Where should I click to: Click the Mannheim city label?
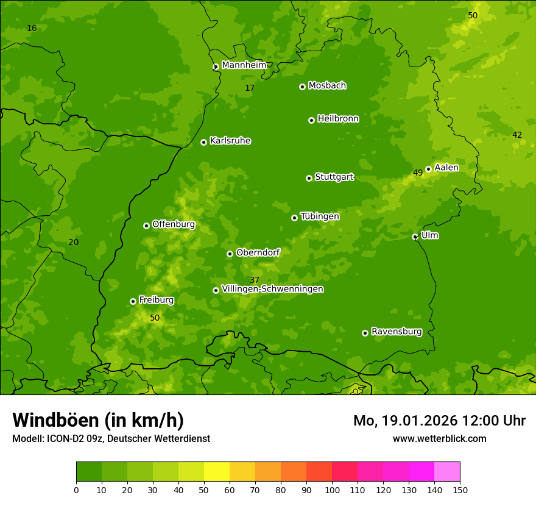point(244,65)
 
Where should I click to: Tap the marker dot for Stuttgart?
point(309,178)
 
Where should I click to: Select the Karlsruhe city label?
point(230,141)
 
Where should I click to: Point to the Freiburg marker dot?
point(133,301)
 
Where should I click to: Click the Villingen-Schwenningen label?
point(272,289)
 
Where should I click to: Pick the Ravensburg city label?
point(396,332)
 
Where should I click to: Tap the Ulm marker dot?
point(415,237)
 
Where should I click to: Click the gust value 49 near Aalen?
point(418,173)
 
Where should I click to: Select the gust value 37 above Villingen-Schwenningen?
point(255,280)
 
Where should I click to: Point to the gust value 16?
point(32,29)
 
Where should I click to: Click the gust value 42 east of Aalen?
point(517,135)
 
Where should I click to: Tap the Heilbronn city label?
point(338,119)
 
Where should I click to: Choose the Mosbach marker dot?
point(302,87)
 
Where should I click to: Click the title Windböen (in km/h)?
point(98,420)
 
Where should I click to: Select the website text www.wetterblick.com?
point(439,439)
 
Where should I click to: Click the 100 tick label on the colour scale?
point(332,490)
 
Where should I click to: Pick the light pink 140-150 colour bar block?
point(447,472)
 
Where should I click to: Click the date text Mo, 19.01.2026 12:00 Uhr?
point(439,421)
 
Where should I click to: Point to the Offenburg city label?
point(173,224)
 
